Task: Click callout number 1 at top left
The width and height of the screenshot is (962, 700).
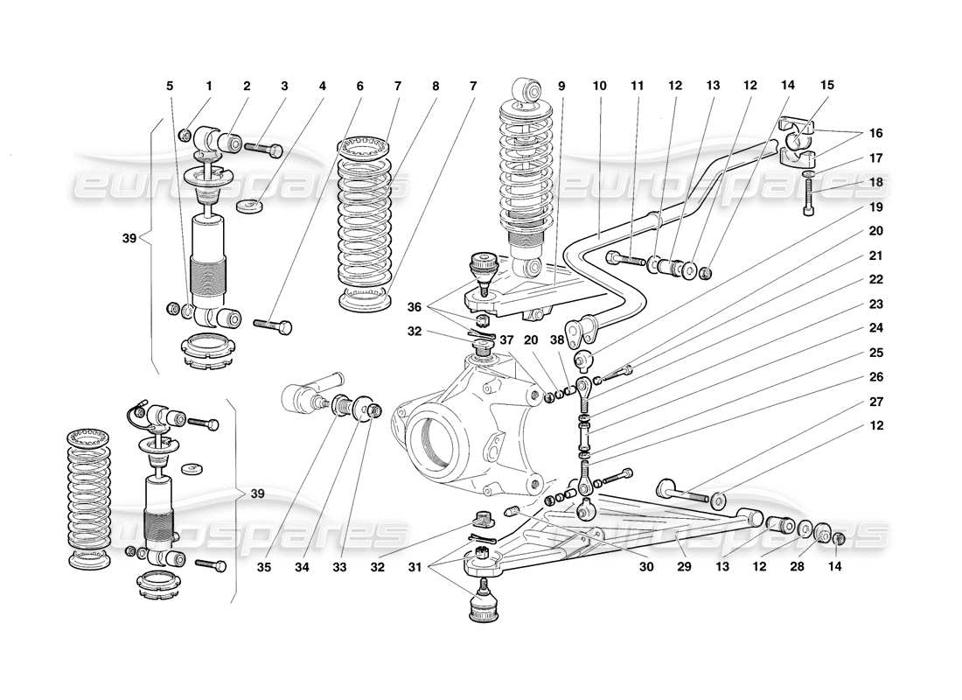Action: point(209,86)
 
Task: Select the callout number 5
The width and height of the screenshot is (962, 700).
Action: point(171,86)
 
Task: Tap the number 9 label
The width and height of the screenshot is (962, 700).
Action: point(561,86)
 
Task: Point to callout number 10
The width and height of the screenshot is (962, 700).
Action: point(599,86)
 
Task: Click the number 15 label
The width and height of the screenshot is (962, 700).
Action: point(826,86)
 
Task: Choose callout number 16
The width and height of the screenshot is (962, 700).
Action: point(876,134)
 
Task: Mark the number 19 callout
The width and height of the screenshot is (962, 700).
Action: point(876,208)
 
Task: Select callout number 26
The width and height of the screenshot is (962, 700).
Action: point(876,377)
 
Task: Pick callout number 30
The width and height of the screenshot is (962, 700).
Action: point(646,567)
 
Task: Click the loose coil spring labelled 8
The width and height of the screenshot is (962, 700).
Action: point(366,223)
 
